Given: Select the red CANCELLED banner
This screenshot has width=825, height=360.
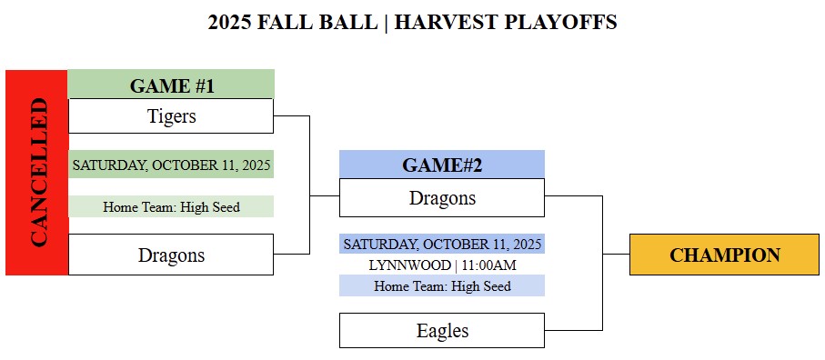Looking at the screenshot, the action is coord(36,173).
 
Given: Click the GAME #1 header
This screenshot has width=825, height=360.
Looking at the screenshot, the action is coord(172,84).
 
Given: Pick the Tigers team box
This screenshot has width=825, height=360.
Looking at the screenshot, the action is coord(171,116).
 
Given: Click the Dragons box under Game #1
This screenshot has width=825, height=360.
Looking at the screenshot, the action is coord(171,255).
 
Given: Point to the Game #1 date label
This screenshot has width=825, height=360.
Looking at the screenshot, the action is coord(172,165).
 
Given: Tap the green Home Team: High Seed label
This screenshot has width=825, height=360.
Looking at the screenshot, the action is coord(172,206).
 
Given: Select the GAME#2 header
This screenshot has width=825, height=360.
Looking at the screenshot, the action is coord(442,165).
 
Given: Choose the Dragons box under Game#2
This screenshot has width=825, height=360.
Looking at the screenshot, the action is coord(442,197).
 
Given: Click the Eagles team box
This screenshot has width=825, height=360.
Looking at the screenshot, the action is coord(442,331).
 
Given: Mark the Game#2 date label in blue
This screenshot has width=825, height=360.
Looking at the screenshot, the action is coord(442,244).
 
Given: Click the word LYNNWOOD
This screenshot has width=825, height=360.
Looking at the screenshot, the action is coord(410,265).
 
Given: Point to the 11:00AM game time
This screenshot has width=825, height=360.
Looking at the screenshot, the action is coord(489,265).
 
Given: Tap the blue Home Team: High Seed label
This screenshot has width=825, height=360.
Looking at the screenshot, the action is coord(442,285).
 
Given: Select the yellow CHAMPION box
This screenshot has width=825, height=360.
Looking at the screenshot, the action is coord(725,255).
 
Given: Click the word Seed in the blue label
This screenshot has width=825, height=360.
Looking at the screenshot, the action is coord(498,285).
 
